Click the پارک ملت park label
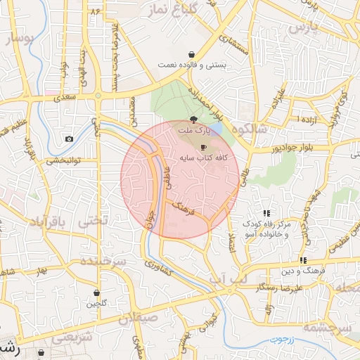[194, 131]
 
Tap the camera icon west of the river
[69, 139]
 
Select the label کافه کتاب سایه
[204, 159]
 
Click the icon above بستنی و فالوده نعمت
[191, 55]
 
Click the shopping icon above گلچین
[97, 293]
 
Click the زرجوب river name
[284, 340]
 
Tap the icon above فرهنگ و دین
[302, 260]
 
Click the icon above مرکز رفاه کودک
[266, 212]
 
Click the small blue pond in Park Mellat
[217, 130]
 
